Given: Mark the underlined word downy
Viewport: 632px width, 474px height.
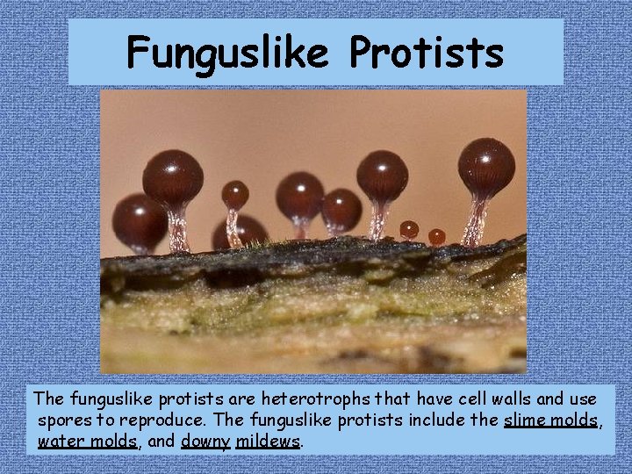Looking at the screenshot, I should (x=205, y=441).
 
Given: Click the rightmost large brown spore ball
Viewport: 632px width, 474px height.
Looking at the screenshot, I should (x=485, y=167).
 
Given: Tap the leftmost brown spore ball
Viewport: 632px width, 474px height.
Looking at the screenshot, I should (x=139, y=221).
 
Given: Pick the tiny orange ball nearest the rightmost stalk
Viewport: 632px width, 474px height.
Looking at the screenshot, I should (x=436, y=237).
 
